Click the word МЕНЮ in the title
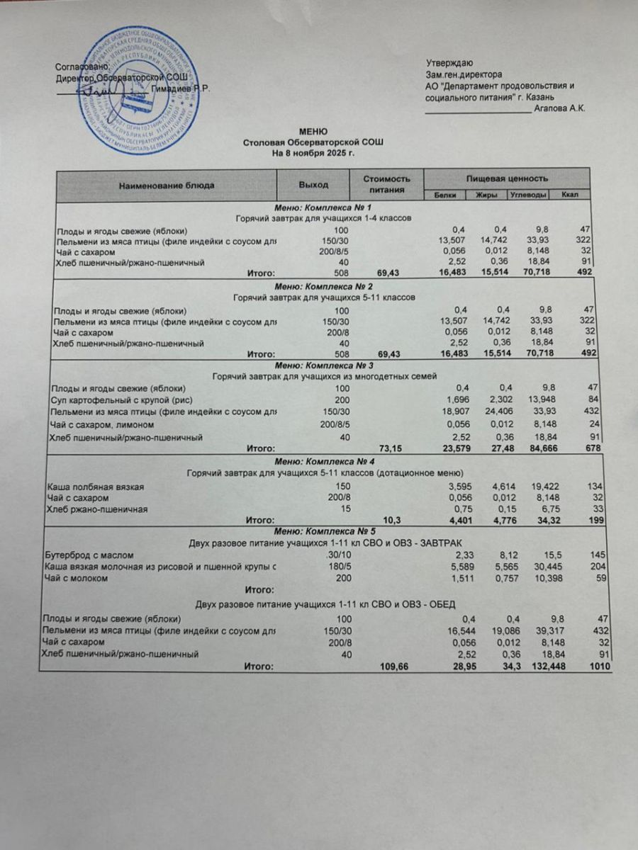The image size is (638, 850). pos(313,132)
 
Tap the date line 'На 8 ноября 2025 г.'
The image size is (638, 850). pos(313,152)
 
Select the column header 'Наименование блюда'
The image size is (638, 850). pos(166,186)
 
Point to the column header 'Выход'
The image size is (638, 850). pos(313,185)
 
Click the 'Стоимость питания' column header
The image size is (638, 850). pos(387,184)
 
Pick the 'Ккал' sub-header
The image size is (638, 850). pos(569,195)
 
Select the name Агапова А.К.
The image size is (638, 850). pos(561,108)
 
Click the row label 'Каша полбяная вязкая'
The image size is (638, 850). pos(89,486)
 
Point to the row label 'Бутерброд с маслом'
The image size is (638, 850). pos(88,555)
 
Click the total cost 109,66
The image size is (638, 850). pos(394,667)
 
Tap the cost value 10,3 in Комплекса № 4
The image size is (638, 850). pos(392,520)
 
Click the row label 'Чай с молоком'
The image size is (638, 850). pos(76,578)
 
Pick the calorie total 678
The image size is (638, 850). pos(593,448)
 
